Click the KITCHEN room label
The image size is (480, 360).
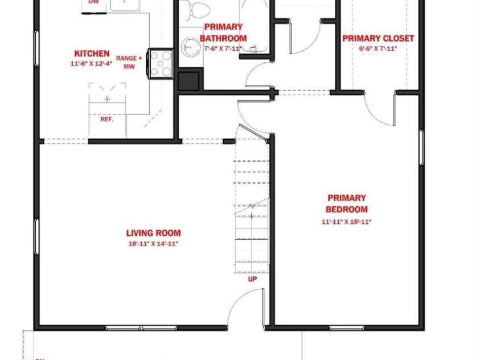point(92,54)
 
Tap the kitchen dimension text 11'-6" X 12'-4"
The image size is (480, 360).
point(92,64)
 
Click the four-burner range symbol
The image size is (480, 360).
point(161,63)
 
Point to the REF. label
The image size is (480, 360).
point(106,120)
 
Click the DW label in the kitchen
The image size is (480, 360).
point(93,2)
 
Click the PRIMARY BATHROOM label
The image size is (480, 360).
point(223,32)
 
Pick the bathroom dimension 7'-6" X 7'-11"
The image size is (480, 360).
point(223,48)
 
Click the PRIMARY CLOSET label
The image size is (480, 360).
point(378,39)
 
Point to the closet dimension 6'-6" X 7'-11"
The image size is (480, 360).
point(378,49)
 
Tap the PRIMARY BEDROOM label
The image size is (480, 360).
point(346,203)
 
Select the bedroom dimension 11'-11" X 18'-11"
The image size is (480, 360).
point(346,222)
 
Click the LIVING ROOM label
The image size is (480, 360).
point(153,233)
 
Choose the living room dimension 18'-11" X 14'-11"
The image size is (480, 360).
point(153,244)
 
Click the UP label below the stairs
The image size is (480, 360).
point(252,279)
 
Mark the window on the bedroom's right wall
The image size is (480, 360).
point(421,148)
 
